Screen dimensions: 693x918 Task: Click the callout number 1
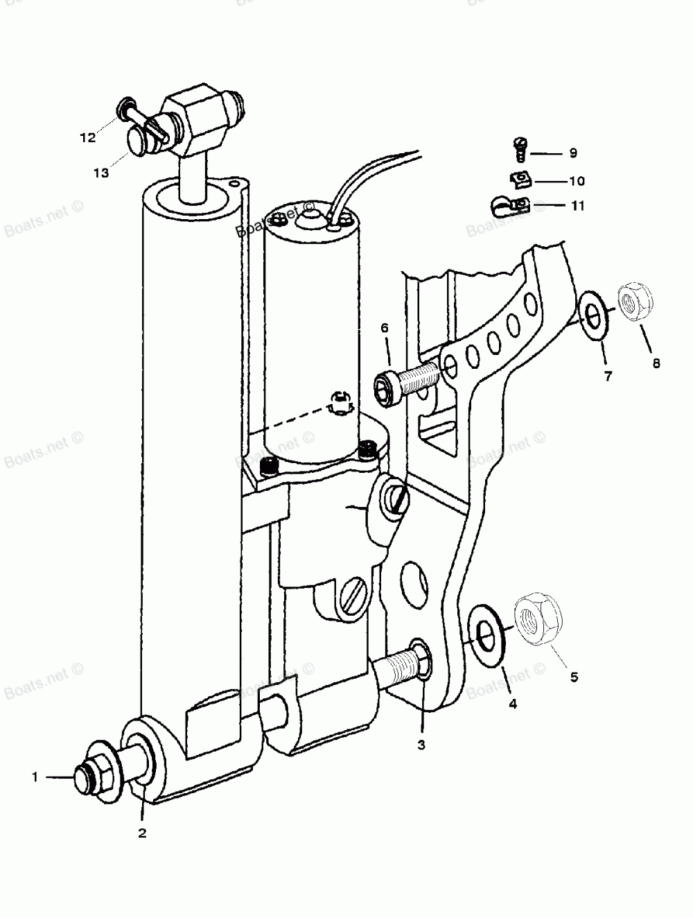(x=35, y=777)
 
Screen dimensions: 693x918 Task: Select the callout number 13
(x=102, y=173)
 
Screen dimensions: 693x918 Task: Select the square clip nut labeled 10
(x=519, y=180)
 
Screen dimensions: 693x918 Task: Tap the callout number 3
(x=421, y=746)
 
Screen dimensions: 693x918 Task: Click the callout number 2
(x=142, y=833)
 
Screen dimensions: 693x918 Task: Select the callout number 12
(x=87, y=137)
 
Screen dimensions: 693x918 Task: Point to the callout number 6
(x=385, y=327)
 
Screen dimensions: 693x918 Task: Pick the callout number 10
(x=577, y=182)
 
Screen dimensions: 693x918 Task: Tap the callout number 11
(x=577, y=206)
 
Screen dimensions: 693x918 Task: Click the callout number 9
(x=572, y=153)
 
